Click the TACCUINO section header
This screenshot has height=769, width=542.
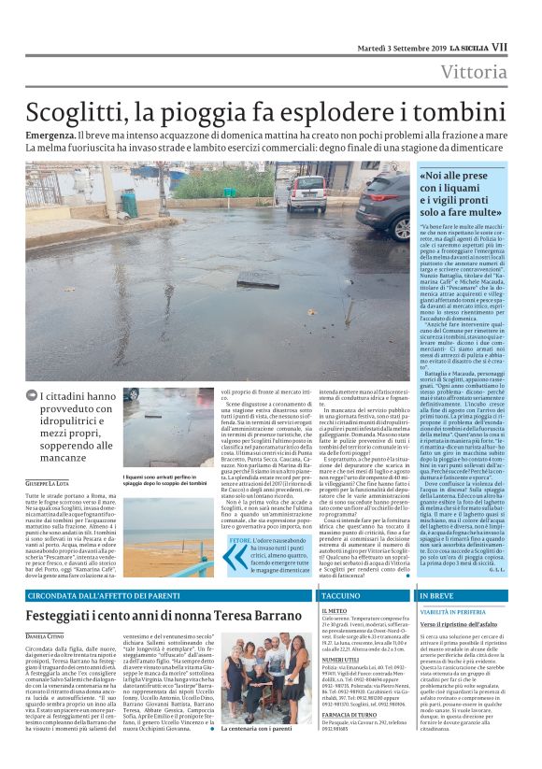(x=334, y=594)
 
